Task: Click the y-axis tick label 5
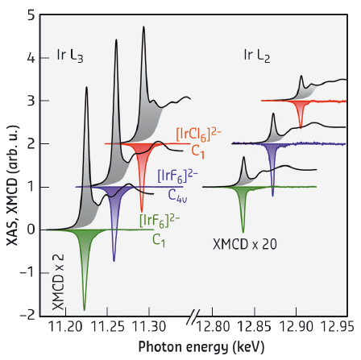click(x=30, y=15)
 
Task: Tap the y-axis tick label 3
click(x=30, y=101)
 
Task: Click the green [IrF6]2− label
click(x=160, y=220)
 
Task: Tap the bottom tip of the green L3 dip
click(x=85, y=309)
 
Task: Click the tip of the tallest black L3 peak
click(x=143, y=27)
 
